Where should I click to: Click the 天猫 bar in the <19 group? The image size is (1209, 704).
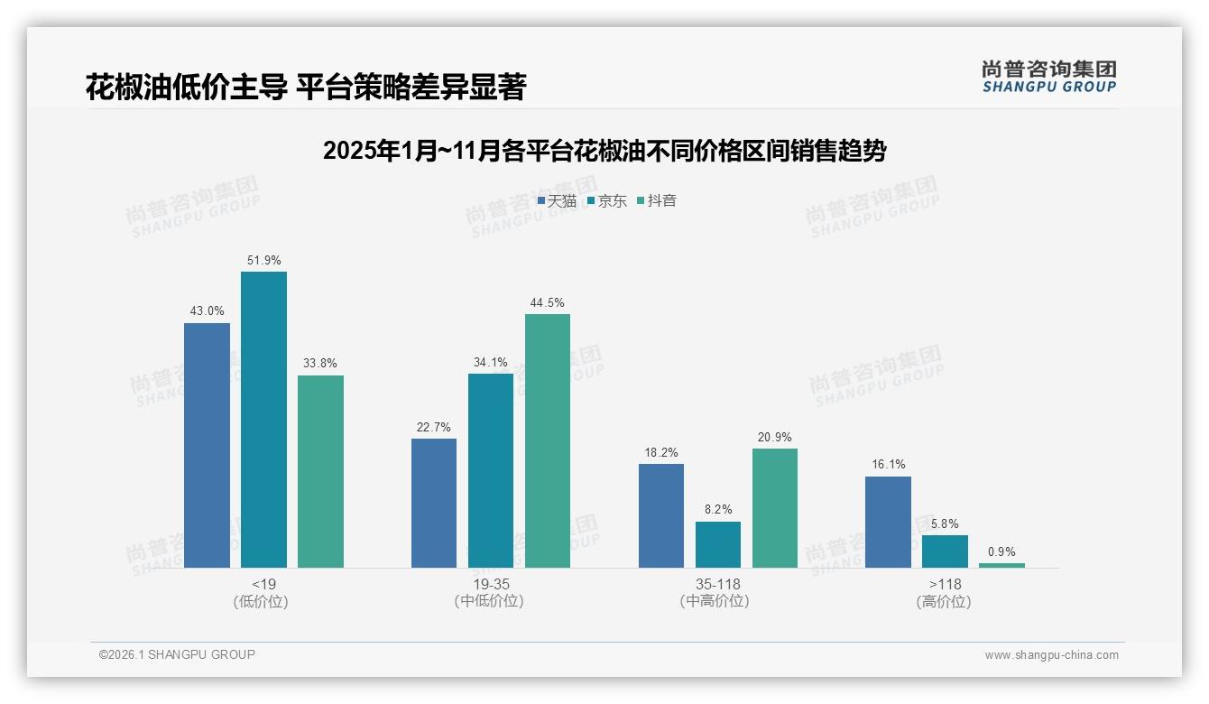coord(207,445)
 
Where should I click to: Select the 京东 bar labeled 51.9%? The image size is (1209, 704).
coord(263,420)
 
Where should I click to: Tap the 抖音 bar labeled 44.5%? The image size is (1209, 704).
coord(548,440)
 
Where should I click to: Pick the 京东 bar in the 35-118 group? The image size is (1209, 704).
coord(718,544)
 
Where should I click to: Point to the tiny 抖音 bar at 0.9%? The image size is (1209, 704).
coord(1001,565)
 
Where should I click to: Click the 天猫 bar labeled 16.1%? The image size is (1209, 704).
coord(888,522)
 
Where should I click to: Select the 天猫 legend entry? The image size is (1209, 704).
coord(557,201)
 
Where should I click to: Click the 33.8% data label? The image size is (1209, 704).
coord(320,364)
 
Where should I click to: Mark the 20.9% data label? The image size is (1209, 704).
coord(775,438)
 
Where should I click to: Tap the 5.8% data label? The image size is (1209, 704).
coord(945,524)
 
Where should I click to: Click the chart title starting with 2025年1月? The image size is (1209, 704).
coord(604,151)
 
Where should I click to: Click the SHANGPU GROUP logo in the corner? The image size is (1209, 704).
coord(1049,77)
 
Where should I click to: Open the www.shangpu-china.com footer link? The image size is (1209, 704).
coord(1051,655)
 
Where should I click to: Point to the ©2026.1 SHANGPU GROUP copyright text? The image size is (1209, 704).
coord(177,654)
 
